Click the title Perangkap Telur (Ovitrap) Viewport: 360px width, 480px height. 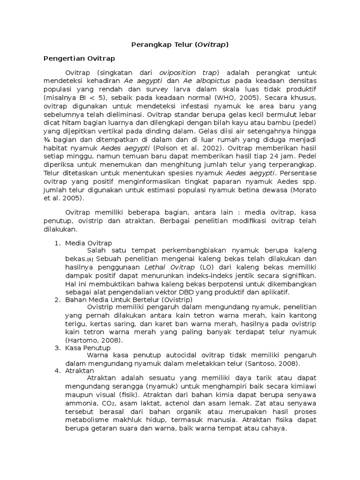coord(180,45)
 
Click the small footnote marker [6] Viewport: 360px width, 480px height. coord(90,260)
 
